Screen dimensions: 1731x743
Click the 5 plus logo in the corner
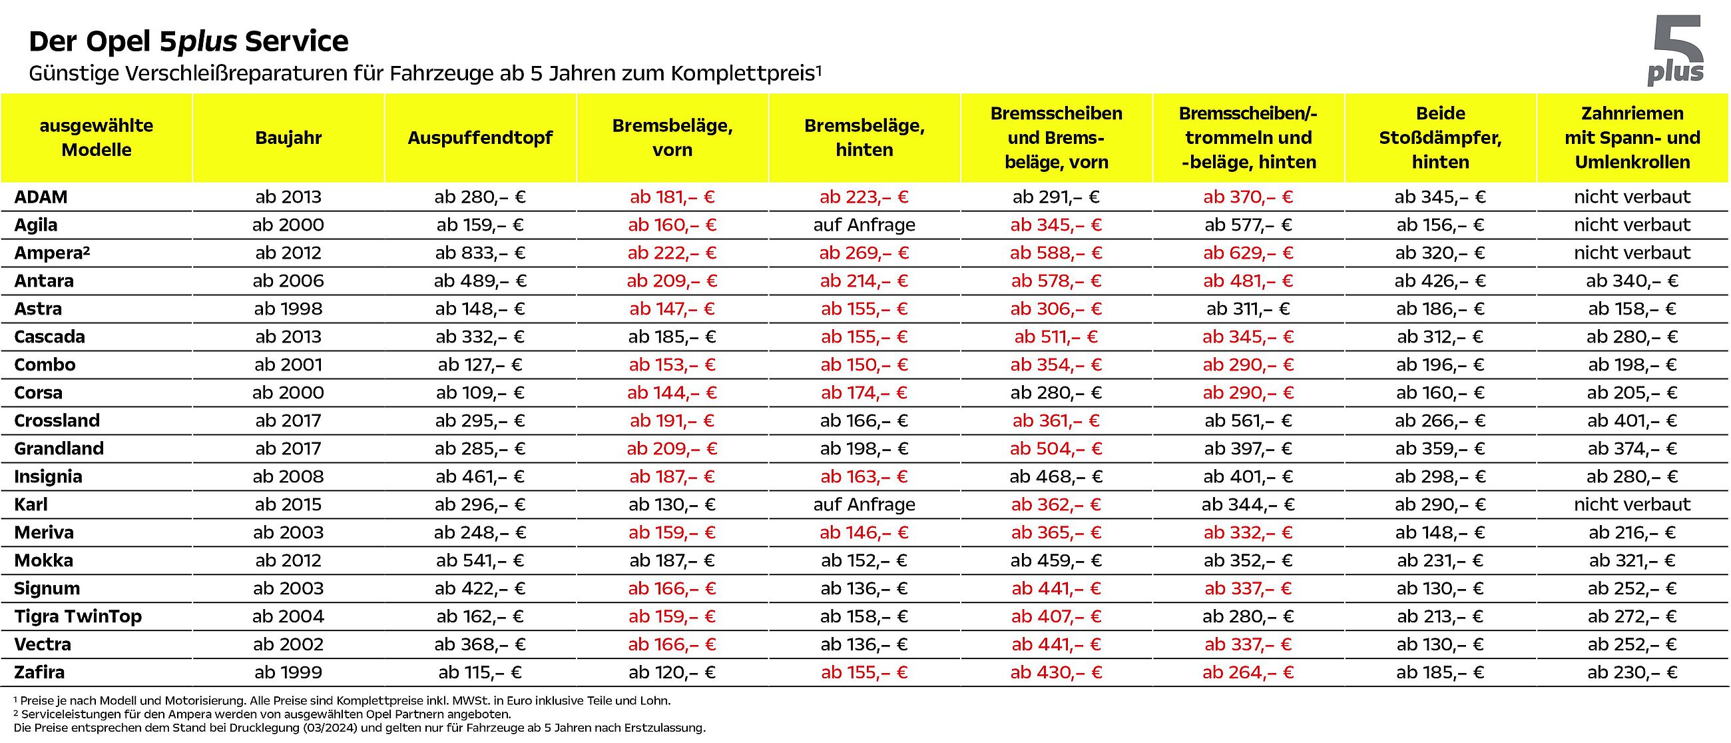1675,51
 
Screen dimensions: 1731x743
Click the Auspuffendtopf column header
480,138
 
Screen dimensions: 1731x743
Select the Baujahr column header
288,138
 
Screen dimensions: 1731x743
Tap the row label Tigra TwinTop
78,616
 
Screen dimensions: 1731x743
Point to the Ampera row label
52,253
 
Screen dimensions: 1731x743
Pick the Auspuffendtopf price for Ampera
480,253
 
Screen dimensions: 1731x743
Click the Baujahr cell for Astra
288,309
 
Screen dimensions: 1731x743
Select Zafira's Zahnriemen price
1632,672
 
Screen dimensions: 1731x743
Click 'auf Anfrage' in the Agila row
864,225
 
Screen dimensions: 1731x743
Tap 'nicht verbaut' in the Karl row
1632,504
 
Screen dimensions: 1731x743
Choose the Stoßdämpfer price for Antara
1440,281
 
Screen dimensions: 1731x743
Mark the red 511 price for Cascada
1057,337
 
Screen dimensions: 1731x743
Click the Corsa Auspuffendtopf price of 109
480,392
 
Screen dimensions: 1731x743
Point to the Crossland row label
57,420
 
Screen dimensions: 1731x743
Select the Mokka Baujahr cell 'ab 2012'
288,560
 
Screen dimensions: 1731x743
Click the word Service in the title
296,42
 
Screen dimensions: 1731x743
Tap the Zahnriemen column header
1632,138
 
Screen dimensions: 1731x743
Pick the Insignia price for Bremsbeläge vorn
672,476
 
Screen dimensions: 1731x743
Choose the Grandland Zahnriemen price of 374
1632,448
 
